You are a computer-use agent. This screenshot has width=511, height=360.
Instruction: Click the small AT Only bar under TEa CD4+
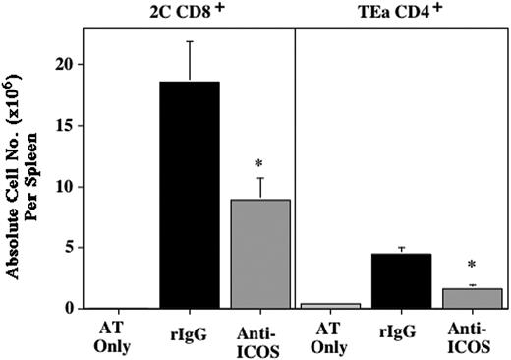tap(329, 305)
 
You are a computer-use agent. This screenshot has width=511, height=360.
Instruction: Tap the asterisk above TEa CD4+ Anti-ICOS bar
tap(471, 266)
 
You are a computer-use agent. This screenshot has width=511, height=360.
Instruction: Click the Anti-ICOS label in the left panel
tap(260, 334)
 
